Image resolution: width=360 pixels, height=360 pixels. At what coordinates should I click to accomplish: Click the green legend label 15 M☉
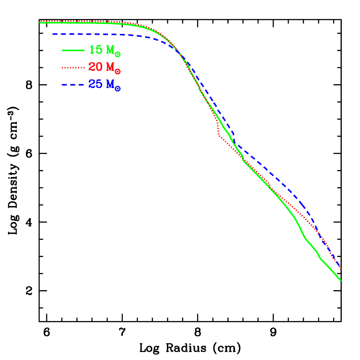click(x=105, y=50)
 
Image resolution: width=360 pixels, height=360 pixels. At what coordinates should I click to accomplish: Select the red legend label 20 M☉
click(x=105, y=68)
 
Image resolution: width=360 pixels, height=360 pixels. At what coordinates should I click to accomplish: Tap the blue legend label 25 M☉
click(x=105, y=85)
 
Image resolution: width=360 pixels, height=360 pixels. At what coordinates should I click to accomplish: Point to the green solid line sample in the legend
click(x=73, y=50)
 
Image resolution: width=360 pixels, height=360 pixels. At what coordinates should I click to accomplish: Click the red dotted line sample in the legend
click(x=73, y=68)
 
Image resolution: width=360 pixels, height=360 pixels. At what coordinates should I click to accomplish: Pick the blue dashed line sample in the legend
click(x=73, y=85)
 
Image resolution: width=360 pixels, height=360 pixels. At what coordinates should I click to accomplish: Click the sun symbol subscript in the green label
click(x=118, y=54)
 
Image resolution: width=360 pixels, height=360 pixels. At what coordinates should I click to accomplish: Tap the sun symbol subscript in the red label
click(x=118, y=72)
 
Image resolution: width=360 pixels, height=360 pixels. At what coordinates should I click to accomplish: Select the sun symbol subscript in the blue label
click(x=118, y=88)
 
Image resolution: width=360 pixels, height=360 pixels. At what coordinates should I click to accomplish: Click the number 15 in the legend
click(x=95, y=50)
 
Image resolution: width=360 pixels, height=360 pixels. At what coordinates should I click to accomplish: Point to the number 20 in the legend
click(x=95, y=67)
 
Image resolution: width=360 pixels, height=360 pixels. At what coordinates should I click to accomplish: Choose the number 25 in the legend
click(x=95, y=84)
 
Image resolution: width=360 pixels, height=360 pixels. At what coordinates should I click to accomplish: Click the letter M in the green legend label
click(x=110, y=50)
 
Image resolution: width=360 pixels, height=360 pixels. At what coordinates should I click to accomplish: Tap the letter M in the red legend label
click(x=110, y=67)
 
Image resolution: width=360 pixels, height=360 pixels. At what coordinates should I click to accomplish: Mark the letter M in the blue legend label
click(x=110, y=84)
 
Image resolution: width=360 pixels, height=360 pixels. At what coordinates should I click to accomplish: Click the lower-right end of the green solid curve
click(x=340, y=280)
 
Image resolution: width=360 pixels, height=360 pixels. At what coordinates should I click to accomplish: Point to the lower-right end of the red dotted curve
click(x=341, y=269)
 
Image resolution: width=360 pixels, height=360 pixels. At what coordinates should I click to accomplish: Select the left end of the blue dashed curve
click(x=53, y=34)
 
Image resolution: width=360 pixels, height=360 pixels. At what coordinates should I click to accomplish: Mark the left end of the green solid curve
click(x=40, y=23)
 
